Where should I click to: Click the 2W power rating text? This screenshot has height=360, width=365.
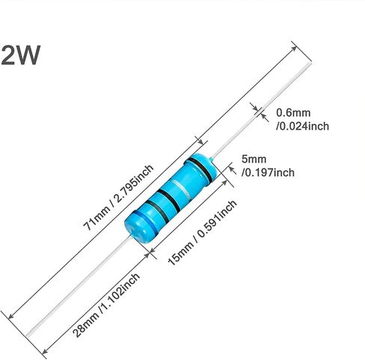[20, 55]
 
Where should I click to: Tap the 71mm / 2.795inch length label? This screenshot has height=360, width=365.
[118, 198]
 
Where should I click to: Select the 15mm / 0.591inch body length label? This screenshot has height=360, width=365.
[202, 233]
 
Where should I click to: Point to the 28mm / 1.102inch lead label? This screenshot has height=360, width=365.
[105, 305]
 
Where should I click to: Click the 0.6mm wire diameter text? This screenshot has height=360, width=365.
[293, 113]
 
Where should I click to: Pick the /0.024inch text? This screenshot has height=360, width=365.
[302, 126]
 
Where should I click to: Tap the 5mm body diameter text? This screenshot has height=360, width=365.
[254, 159]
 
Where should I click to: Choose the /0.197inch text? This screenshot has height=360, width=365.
[268, 173]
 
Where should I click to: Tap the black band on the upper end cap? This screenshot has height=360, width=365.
[200, 169]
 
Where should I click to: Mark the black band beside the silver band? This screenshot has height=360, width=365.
[170, 201]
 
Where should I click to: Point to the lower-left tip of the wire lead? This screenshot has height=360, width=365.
[27, 335]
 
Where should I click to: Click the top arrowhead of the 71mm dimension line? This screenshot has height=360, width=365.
[294, 48]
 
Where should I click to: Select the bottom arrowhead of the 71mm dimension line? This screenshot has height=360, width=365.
[10, 317]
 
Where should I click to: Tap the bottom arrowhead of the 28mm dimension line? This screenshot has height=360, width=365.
[45, 351]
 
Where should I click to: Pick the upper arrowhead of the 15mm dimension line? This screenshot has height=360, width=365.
[224, 182]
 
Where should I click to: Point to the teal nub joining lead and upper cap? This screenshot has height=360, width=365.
[212, 159]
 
